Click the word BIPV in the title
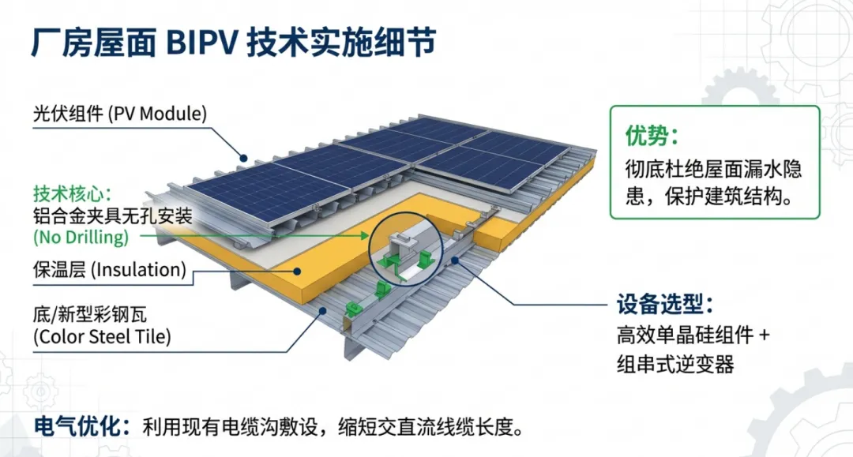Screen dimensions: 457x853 coord(201,42)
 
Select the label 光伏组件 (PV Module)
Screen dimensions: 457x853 coord(119,114)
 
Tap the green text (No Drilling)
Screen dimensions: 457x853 coord(80,236)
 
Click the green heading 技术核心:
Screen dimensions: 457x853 coord(73,193)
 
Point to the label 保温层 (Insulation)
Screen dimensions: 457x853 coord(109,271)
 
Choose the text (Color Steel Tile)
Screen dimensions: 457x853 coord(101,337)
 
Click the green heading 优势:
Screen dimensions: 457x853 coord(652,136)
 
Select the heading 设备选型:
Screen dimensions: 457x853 coord(665,304)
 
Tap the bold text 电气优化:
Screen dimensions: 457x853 coord(81,427)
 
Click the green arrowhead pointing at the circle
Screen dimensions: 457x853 coord(364,235)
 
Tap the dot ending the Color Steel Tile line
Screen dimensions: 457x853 coord(320,311)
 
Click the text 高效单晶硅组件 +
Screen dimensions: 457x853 coord(693,335)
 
